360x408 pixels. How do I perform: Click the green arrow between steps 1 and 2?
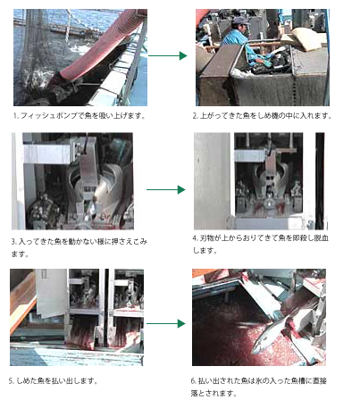coord(168,55)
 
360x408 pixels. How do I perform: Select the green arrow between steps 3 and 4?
coord(166,189)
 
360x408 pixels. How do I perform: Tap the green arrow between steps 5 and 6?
coord(166,323)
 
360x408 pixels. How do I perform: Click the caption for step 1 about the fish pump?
coord(80,115)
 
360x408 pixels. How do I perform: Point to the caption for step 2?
coord(262,115)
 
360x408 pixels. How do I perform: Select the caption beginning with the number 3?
coord(80,247)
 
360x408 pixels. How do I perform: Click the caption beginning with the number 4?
coord(260,244)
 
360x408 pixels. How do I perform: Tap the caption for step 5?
coord(53,380)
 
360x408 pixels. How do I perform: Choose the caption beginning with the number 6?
coord(259,387)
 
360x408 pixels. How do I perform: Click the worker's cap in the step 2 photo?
coord(240,21)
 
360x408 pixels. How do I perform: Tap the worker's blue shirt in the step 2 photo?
coord(239,45)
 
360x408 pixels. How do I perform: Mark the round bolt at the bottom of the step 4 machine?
coord(270,204)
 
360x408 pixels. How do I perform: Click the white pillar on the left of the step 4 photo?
coord(212,180)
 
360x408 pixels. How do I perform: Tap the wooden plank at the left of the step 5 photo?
coord(21,301)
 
